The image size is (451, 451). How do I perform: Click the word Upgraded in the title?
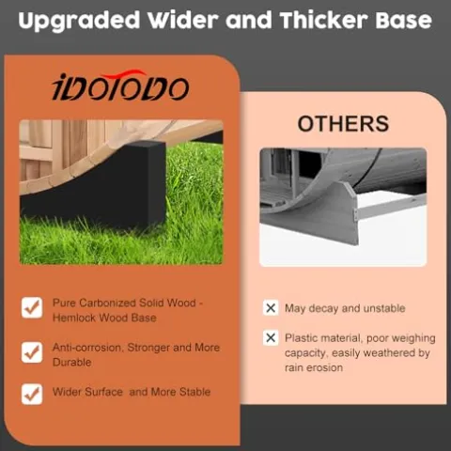pos(79,22)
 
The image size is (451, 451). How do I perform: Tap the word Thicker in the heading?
pos(323,20)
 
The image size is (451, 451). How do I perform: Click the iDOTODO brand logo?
pos(120,86)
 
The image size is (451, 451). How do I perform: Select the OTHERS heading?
pos(343,124)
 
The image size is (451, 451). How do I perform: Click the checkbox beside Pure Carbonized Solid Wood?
pos(32,307)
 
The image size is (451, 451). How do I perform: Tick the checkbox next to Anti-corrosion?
pos(32,352)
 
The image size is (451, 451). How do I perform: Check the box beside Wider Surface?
pos(32,394)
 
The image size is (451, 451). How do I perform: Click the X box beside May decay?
pos(271,308)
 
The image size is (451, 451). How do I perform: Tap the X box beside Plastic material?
pos(271,337)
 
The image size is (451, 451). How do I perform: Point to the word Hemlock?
pos(74,318)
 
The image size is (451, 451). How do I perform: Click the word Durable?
pos(72,363)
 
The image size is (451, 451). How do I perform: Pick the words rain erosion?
pos(314,367)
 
